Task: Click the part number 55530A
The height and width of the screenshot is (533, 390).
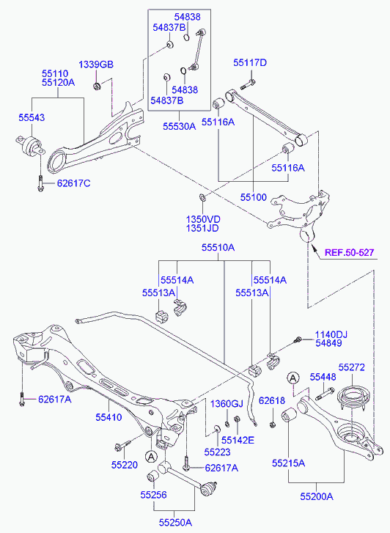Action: click(x=179, y=126)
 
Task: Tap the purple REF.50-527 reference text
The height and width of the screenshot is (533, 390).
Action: click(x=350, y=252)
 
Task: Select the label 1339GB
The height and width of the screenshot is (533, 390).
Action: click(x=96, y=65)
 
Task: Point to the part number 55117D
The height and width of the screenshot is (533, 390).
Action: click(x=250, y=63)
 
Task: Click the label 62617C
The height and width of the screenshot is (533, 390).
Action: click(x=73, y=183)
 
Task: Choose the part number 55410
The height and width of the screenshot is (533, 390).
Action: click(x=108, y=417)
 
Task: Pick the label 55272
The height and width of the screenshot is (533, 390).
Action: click(x=352, y=367)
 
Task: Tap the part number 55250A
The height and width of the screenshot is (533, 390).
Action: click(x=175, y=522)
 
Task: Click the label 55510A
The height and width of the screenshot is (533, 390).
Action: click(x=218, y=248)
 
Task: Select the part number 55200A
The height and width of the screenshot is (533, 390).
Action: click(x=317, y=496)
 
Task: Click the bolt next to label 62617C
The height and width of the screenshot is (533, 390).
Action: click(x=40, y=183)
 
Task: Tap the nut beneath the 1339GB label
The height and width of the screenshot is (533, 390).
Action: click(x=97, y=87)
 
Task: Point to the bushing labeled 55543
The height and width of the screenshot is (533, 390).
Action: click(x=29, y=145)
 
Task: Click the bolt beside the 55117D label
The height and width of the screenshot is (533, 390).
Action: click(x=248, y=84)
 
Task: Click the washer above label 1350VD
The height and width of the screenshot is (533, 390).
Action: click(x=202, y=197)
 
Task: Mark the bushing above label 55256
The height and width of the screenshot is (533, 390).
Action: click(x=152, y=476)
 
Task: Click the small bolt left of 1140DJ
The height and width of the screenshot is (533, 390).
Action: click(x=298, y=339)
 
